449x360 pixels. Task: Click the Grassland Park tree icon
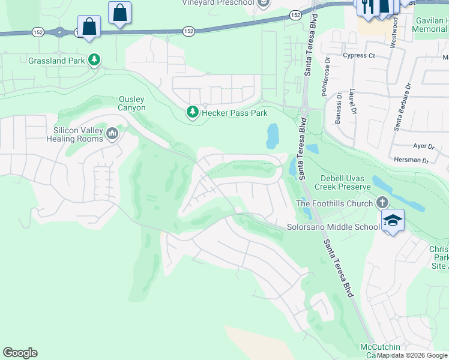tap(94, 59)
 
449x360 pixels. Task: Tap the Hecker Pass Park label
tap(234, 112)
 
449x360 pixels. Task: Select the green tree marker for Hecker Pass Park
tap(192, 112)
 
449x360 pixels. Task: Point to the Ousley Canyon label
tap(132, 103)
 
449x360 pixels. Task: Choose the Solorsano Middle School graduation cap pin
tap(393, 221)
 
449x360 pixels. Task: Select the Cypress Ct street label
tap(359, 56)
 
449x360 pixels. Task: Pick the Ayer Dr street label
tap(423, 146)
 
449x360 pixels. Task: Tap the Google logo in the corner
tap(20, 353)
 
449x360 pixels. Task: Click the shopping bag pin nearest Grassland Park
tap(89, 27)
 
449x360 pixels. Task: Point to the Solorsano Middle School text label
tap(333, 227)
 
